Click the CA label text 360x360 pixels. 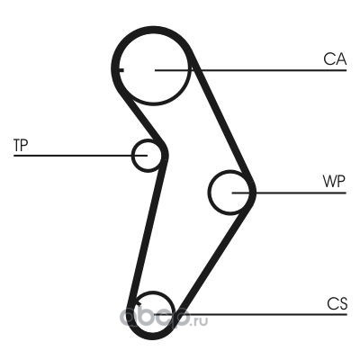pos(335,59)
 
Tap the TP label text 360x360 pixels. pos(21,145)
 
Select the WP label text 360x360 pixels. pos(334,181)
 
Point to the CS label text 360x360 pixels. pos(337,303)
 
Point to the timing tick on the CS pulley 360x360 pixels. pos(138,302)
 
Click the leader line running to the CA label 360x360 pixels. pos(250,70)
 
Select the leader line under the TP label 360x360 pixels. pos(80,156)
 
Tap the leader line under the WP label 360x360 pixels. pos(289,193)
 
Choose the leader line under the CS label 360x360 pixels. pos(250,314)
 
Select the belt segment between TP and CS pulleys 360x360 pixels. pos(147,231)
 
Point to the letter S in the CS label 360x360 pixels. pos(342,303)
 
